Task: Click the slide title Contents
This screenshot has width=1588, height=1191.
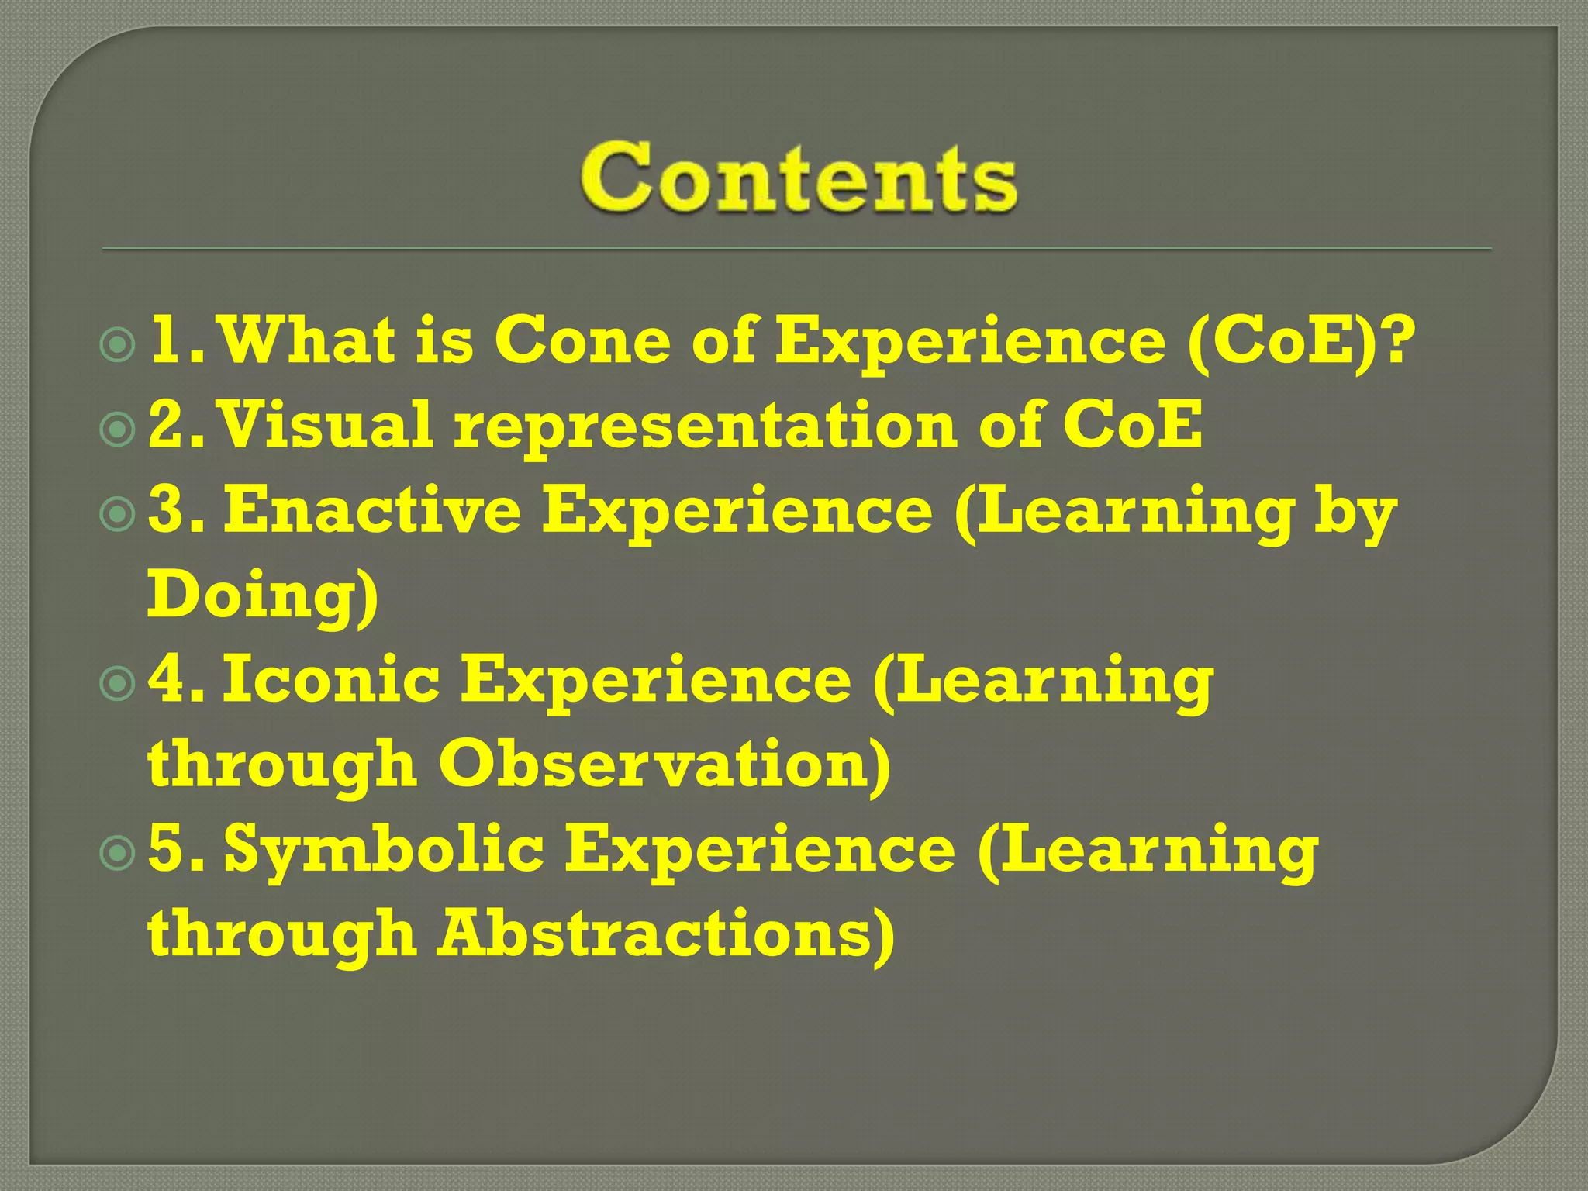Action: [799, 178]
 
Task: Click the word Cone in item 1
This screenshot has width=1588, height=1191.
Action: [582, 341]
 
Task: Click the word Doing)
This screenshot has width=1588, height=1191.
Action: [262, 595]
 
